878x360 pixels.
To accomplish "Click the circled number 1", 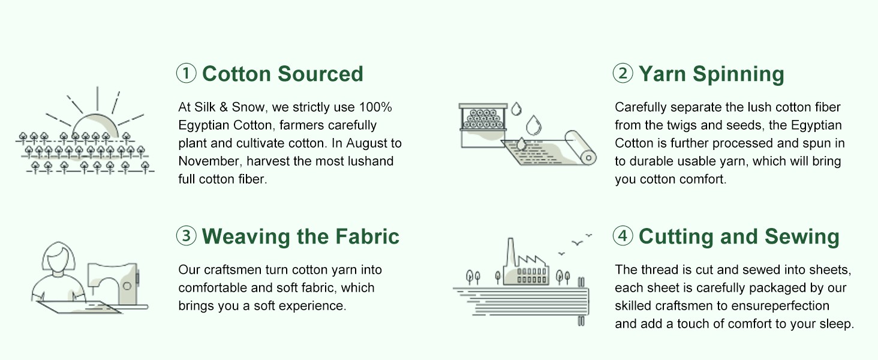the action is tap(186, 73).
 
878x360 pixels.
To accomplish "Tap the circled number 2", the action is tap(623, 73).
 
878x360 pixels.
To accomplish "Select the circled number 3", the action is tap(186, 236).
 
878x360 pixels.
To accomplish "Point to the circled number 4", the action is tap(623, 236).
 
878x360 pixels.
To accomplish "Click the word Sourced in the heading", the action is tap(321, 74).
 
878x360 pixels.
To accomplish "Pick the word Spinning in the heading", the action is tap(738, 74).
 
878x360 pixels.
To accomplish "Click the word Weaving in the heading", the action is tap(246, 237).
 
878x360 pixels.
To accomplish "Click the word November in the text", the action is tap(209, 161).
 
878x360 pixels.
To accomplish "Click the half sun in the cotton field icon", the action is tap(95, 125).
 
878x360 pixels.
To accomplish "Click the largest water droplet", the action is tap(533, 125).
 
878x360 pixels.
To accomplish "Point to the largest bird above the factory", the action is tap(577, 243).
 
